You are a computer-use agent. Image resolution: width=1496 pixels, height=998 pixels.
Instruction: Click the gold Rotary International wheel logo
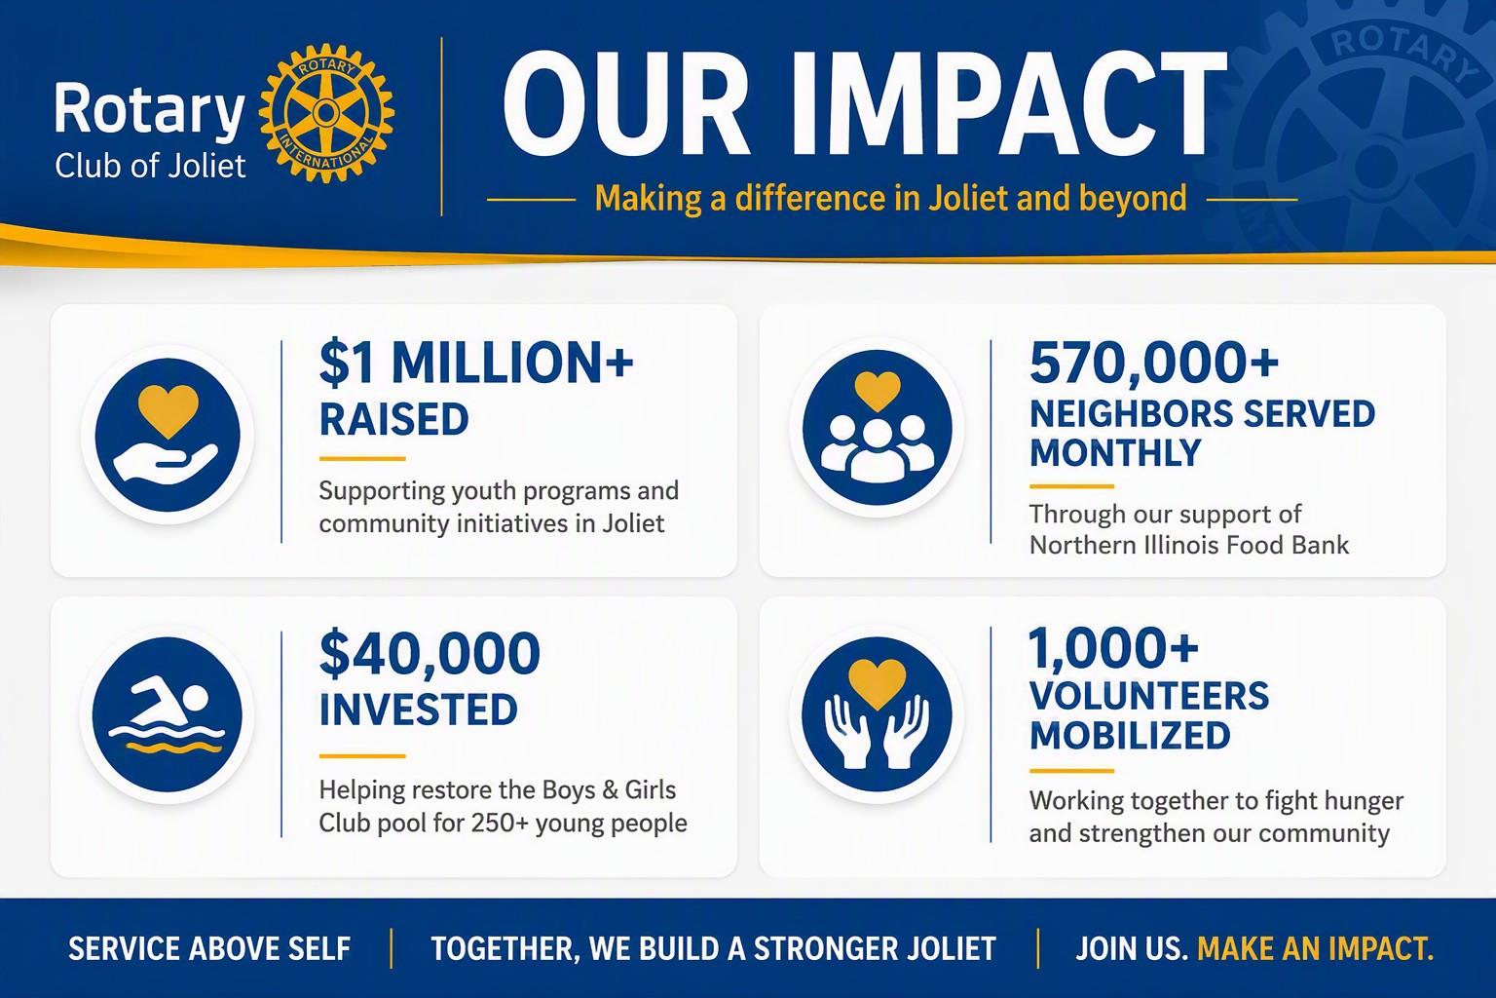click(326, 112)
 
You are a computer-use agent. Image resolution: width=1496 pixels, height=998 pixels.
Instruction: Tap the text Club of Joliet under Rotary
click(150, 166)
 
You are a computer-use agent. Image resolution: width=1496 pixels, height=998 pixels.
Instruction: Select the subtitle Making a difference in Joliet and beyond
click(891, 199)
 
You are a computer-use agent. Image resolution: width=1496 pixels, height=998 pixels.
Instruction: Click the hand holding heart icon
click(168, 435)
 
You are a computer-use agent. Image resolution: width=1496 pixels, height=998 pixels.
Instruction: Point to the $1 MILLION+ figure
click(476, 363)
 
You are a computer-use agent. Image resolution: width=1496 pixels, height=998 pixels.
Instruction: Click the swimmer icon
click(168, 714)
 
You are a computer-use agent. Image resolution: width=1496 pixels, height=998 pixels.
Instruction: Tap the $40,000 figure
click(430, 653)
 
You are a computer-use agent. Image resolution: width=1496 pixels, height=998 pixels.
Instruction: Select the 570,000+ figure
click(1154, 363)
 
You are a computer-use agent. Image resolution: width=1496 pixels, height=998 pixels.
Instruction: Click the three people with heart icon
click(878, 428)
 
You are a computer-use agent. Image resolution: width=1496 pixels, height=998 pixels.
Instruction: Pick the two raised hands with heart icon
click(877, 714)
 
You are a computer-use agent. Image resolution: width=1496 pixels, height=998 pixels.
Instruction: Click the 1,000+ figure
click(1114, 647)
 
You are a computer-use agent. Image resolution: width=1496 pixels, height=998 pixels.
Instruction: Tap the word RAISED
click(394, 419)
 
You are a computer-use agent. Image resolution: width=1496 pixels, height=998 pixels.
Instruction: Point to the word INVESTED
click(419, 710)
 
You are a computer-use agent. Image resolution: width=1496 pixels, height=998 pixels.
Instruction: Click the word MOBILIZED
click(1130, 735)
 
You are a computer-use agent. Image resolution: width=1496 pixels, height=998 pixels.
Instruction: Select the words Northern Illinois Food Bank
click(1189, 545)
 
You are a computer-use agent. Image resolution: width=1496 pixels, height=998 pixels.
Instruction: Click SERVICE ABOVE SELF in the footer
click(209, 948)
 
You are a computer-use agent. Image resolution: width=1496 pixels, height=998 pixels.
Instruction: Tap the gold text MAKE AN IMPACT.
click(1316, 948)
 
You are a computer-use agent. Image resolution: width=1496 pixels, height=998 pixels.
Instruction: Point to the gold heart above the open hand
click(168, 410)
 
